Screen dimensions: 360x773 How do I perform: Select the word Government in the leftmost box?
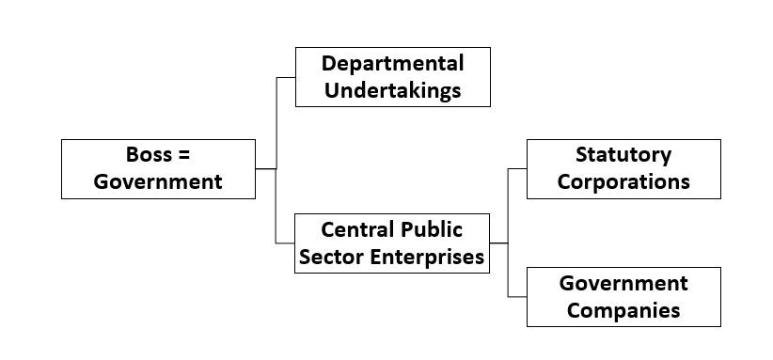158,181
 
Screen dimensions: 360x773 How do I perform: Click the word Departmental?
392,64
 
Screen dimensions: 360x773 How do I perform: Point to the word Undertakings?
392,90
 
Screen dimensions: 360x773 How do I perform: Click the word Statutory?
623,154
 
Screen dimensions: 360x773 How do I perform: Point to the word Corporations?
623,181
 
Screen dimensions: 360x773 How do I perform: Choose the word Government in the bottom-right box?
623,283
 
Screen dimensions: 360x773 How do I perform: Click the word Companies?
623,309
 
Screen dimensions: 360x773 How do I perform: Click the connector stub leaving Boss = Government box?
266,169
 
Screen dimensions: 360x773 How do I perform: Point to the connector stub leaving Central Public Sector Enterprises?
498,243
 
